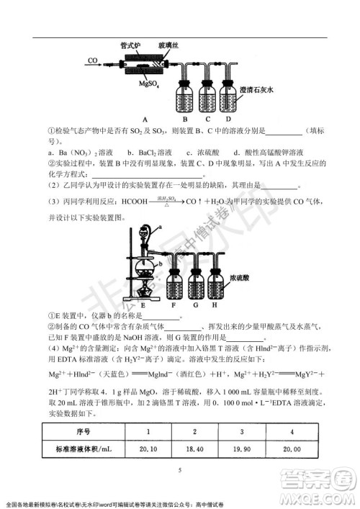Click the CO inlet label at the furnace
tap(93, 60)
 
